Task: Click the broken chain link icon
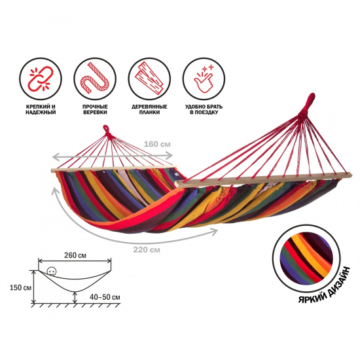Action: coord(41,79)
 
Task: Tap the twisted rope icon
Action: coord(95,79)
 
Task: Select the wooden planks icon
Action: coord(149,79)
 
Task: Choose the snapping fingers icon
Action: coord(204,79)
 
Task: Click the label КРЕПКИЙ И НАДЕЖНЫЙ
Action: coord(41,109)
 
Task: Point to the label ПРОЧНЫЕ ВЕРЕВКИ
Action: coord(95,109)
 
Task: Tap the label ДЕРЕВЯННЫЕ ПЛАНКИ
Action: coord(149,109)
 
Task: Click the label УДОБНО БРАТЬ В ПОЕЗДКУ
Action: coord(204,109)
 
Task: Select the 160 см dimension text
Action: coord(157,144)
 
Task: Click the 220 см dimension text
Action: coord(147,249)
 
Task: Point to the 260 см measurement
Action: coord(75,255)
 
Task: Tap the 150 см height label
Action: coord(21,287)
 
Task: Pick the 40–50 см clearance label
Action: coord(105,297)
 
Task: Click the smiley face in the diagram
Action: coord(51,272)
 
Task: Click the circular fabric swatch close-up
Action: coord(306,258)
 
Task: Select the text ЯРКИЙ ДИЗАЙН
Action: coord(324,285)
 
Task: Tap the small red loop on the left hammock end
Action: coord(106,130)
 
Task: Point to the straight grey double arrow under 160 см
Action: coord(113,156)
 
